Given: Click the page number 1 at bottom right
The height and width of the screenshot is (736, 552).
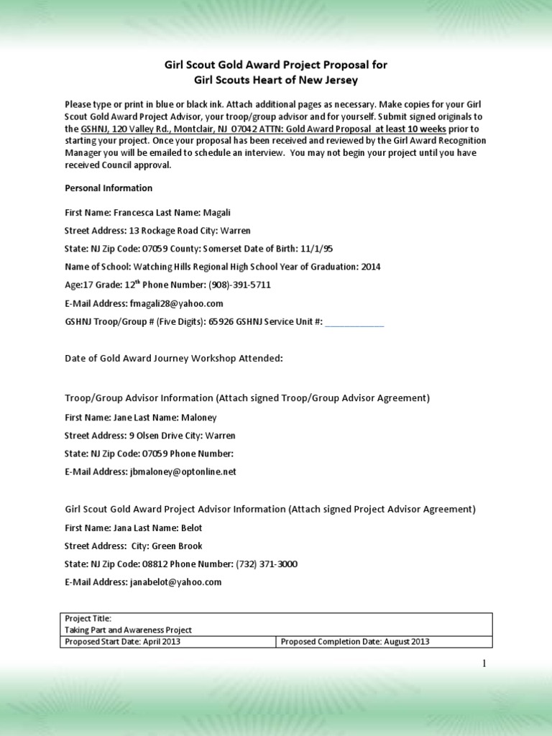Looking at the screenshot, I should [x=484, y=663].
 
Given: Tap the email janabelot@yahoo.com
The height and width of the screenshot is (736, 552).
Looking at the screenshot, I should [x=175, y=582].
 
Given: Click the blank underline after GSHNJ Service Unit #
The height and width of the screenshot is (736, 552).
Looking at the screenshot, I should [x=354, y=323].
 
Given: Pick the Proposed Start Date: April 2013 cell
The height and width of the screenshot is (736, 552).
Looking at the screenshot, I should [x=169, y=642].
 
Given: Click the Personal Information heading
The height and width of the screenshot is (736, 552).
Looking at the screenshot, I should [x=109, y=188].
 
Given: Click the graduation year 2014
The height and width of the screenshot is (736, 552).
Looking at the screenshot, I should [x=371, y=267].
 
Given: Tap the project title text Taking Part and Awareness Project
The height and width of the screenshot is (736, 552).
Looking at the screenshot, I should [x=129, y=630].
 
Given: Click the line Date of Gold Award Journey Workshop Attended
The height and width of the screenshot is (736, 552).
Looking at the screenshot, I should [x=174, y=358].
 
